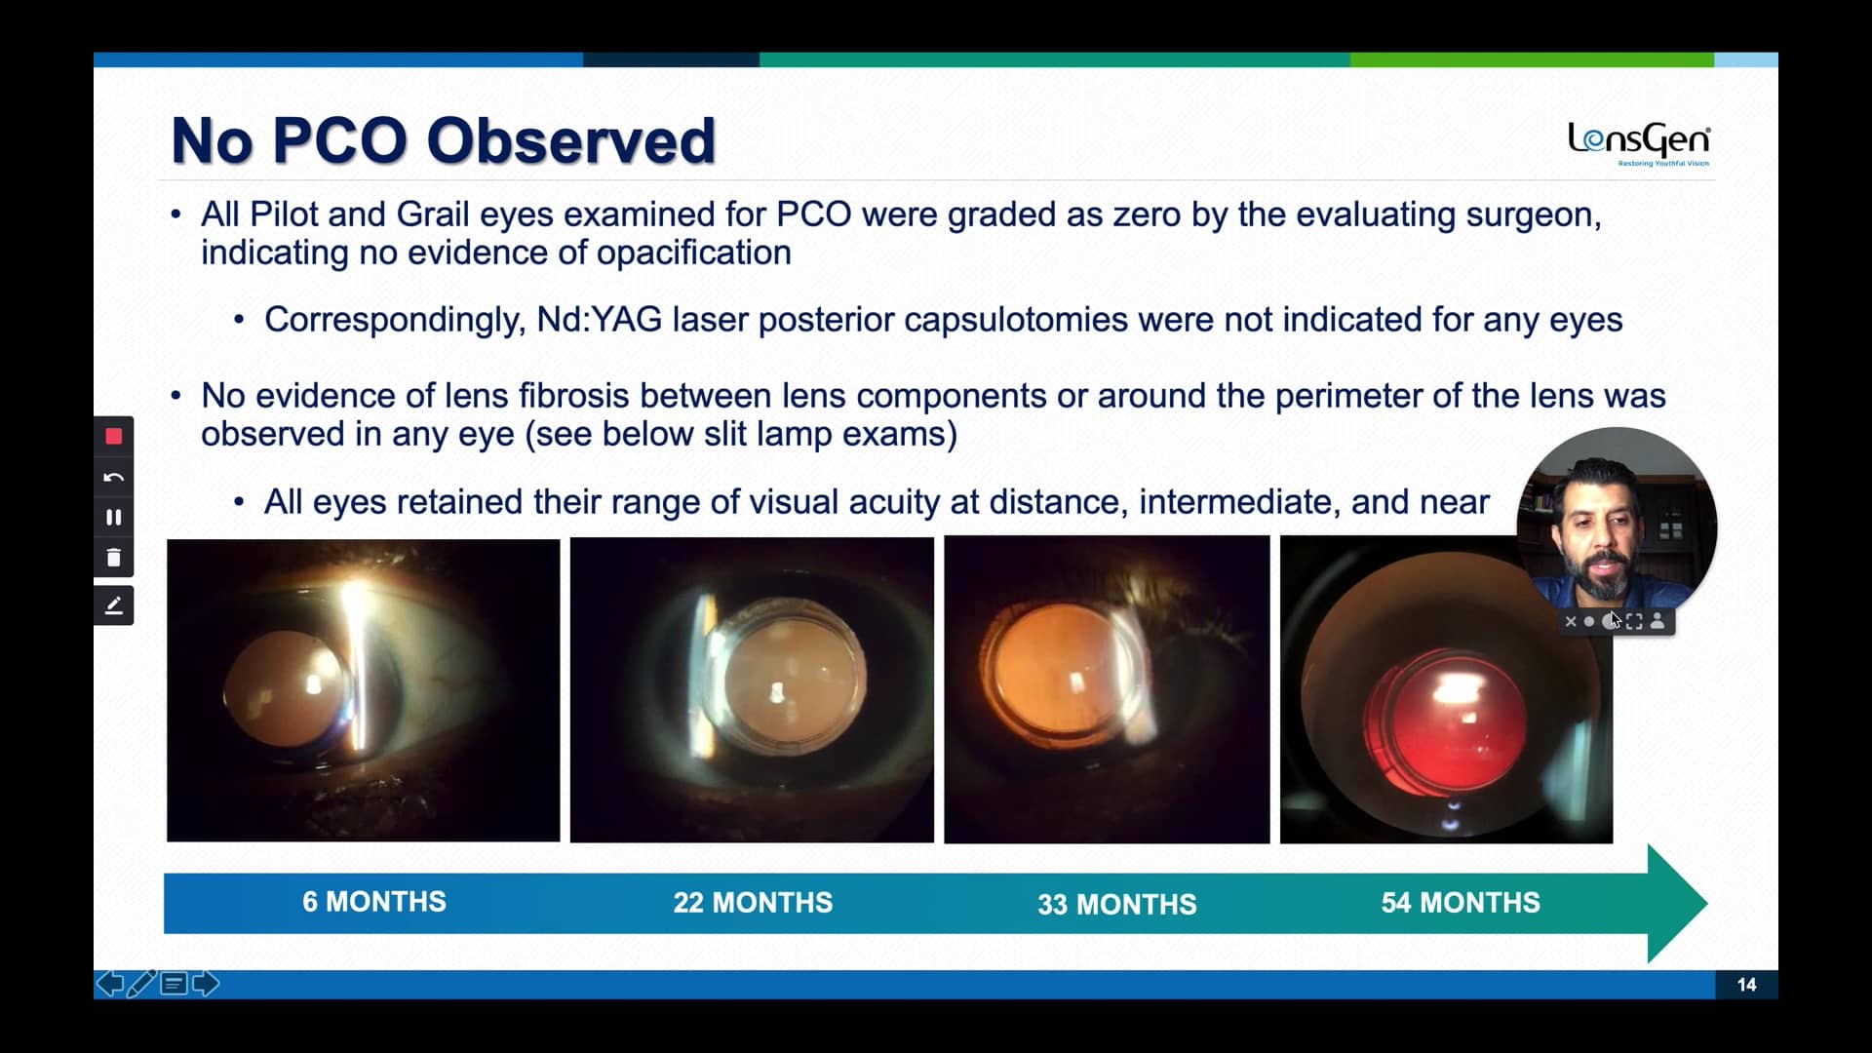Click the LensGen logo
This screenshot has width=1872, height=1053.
[x=1639, y=143]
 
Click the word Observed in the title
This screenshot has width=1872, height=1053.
[x=571, y=140]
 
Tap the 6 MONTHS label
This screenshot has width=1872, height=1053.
[x=374, y=902]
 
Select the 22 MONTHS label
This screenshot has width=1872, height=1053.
[x=753, y=903]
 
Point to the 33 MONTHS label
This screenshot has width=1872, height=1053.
[x=1117, y=905]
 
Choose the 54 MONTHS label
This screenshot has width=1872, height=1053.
[x=1461, y=903]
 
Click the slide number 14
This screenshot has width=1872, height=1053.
[x=1746, y=985]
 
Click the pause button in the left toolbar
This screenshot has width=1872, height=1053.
[x=114, y=518]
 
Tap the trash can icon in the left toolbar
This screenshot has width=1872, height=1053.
[x=114, y=558]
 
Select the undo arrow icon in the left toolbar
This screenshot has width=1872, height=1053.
[x=114, y=477]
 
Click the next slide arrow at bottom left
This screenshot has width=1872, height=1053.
[x=206, y=984]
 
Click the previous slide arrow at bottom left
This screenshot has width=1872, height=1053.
[x=110, y=984]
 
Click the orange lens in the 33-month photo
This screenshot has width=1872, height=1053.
[x=1061, y=673]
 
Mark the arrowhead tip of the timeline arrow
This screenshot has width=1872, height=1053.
[x=1707, y=904]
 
